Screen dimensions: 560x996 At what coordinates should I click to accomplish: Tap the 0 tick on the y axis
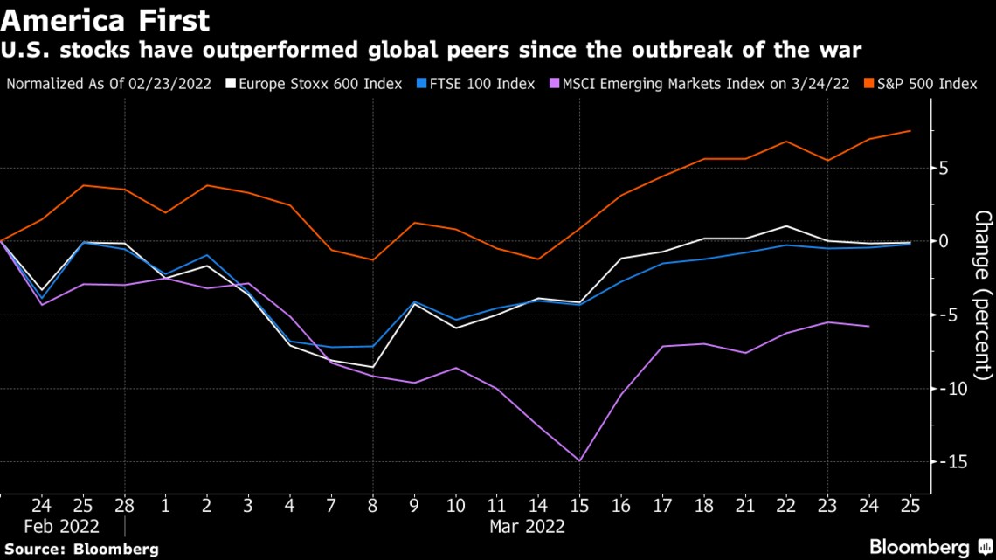[x=944, y=241]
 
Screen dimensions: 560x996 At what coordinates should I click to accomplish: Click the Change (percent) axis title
[x=983, y=295]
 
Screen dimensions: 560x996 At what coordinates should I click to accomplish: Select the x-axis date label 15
[x=579, y=505]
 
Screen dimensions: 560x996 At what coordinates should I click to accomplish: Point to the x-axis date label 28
[x=123, y=505]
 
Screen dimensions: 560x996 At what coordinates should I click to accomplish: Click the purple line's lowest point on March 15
[x=579, y=460]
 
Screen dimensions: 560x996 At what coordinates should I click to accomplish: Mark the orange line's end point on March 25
[x=910, y=131]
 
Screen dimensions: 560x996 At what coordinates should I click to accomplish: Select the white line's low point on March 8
[x=374, y=367]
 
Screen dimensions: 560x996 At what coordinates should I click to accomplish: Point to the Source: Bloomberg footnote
[x=80, y=549]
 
